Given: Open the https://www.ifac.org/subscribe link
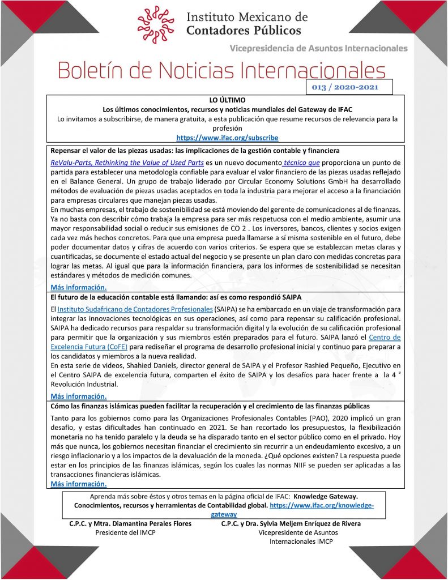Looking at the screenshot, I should pos(227,138).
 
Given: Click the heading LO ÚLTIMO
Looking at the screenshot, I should pos(227,100).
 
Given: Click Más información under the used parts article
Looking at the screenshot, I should pos(78,287).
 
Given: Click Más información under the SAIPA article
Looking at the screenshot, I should pos(78,396).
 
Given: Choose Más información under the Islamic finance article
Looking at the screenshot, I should pos(78,484).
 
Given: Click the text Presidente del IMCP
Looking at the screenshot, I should pos(125,533).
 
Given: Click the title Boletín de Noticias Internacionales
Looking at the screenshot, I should pos(221,70).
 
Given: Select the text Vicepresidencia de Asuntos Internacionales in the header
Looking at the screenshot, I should pos(318,48).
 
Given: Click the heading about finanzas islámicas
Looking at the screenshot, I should pos(210,406).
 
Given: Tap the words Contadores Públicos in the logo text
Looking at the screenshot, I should pos(244,31).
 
